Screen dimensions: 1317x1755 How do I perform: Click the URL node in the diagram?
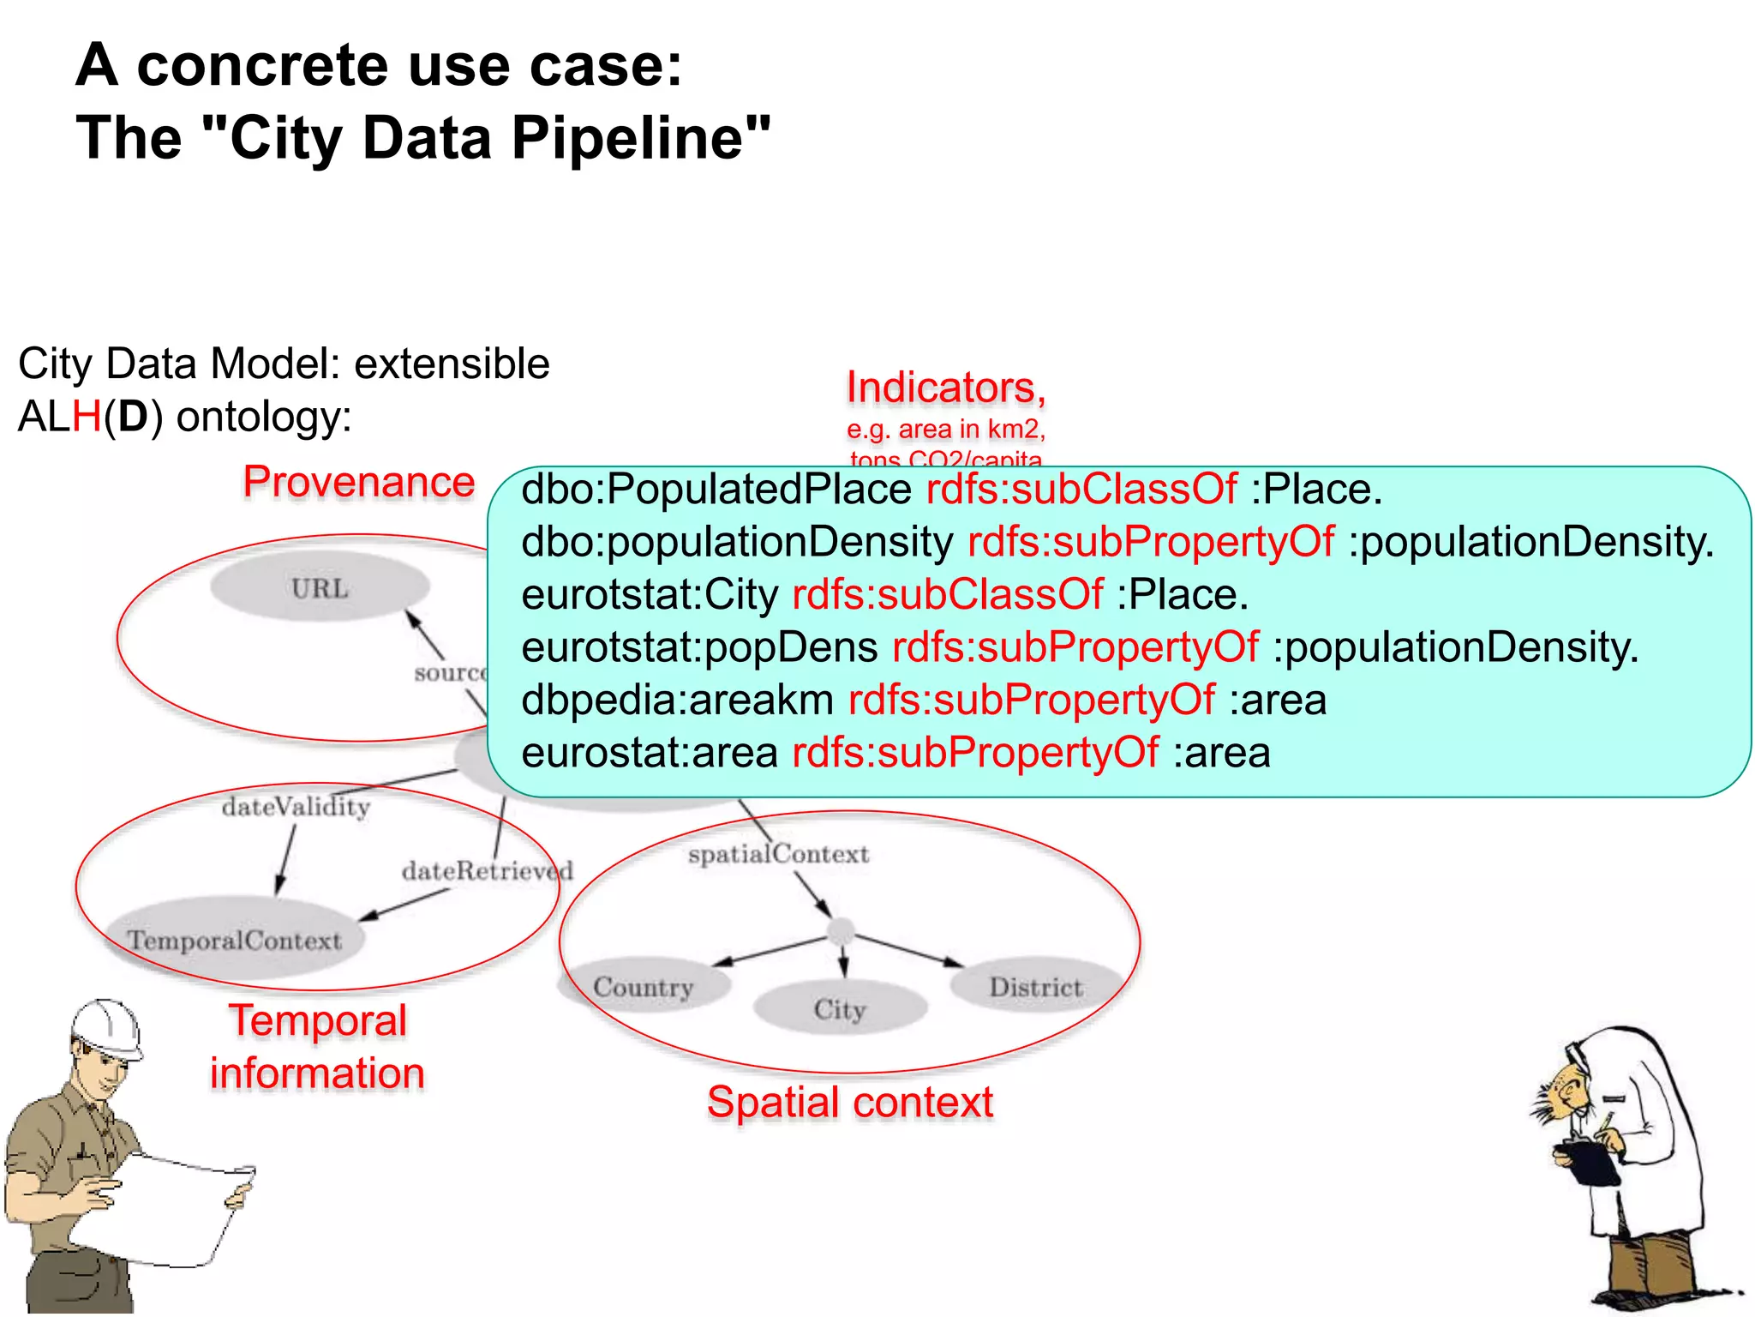(320, 588)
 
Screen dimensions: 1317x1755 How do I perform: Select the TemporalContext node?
(234, 940)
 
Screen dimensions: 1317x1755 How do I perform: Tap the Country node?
(643, 987)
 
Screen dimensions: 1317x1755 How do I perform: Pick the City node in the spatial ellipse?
(840, 1009)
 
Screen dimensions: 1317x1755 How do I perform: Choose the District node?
(1036, 987)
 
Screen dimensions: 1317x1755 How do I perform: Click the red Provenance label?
(359, 481)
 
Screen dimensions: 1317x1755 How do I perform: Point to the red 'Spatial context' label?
(850, 1102)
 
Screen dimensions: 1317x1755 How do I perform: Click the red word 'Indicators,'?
(946, 388)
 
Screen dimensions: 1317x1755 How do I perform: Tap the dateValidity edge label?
(296, 807)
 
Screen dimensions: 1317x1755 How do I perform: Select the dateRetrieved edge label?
(488, 871)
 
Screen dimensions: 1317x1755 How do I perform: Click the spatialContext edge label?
(778, 854)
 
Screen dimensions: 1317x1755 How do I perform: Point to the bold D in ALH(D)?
(133, 418)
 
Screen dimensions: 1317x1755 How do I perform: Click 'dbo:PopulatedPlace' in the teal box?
(716, 490)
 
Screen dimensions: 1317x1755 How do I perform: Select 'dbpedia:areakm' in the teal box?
(677, 700)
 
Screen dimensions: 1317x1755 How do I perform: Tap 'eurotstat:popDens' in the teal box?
(699, 647)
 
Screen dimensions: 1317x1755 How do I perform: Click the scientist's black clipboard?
(1588, 1161)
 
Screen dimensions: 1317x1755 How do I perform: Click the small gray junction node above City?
(841, 930)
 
